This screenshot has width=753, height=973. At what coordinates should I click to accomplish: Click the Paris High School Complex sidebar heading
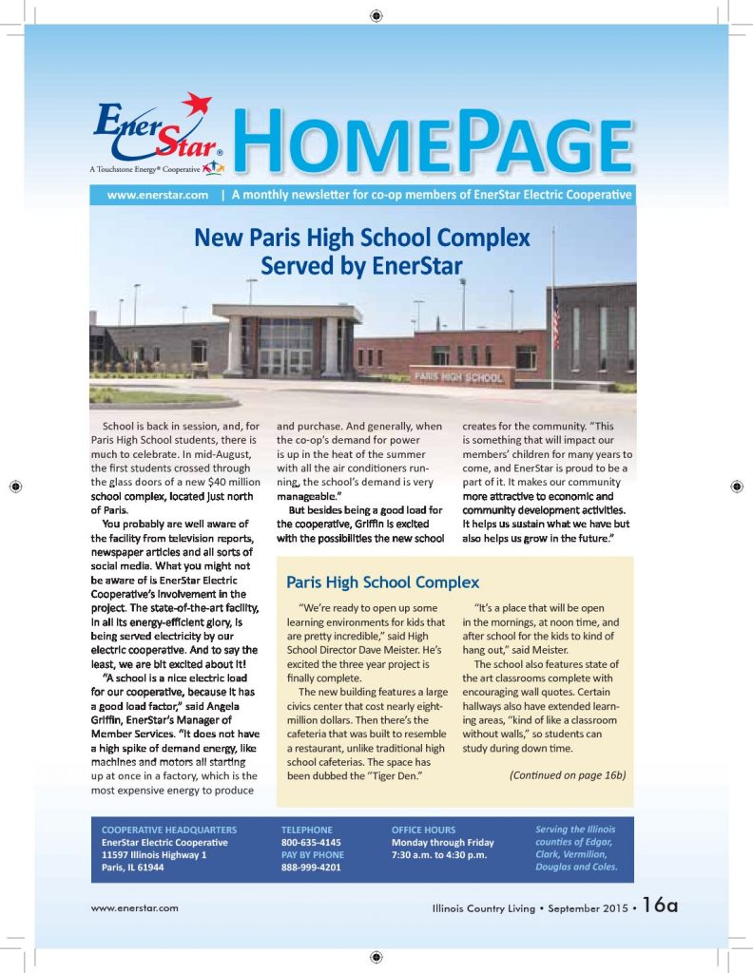pyautogui.click(x=382, y=582)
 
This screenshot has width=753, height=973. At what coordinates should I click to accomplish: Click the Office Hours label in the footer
pyautogui.click(x=423, y=830)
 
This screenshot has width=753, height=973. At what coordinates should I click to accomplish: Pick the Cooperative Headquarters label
pyautogui.click(x=169, y=830)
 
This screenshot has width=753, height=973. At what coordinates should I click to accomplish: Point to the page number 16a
pyautogui.click(x=659, y=906)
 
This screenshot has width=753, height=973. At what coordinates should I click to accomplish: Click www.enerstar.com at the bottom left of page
pyautogui.click(x=135, y=908)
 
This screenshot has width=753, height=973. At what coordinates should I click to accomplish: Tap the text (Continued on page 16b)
pyautogui.click(x=567, y=775)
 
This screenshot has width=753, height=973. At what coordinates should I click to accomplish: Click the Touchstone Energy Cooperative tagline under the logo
pyautogui.click(x=145, y=168)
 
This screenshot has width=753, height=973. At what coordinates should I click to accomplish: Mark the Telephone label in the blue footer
pyautogui.click(x=307, y=830)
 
